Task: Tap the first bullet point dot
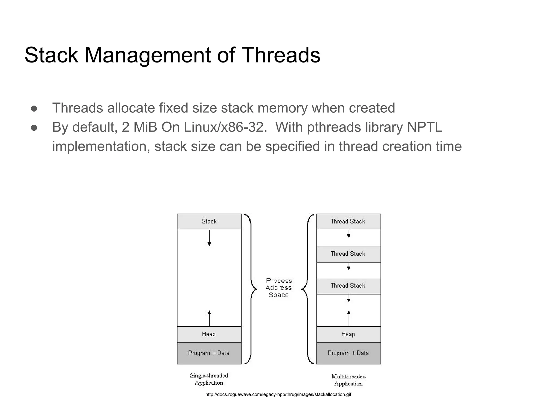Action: tap(34, 109)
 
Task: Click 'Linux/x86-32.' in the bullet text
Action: tap(225, 127)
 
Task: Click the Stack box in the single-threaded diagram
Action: tap(209, 222)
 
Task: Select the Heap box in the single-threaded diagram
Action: tap(209, 334)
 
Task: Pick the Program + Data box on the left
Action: tap(209, 353)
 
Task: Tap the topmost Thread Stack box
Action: tap(348, 222)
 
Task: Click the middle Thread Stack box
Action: tap(348, 254)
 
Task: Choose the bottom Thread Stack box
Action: tap(348, 286)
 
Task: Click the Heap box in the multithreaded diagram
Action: tap(348, 334)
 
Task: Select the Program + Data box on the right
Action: tap(348, 353)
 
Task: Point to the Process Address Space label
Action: tap(279, 288)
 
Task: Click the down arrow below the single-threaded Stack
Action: tap(209, 238)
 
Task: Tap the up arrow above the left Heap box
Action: tap(209, 318)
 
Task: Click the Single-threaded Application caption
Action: tap(209, 379)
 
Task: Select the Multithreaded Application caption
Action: tap(348, 380)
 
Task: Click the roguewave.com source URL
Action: tap(278, 394)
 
